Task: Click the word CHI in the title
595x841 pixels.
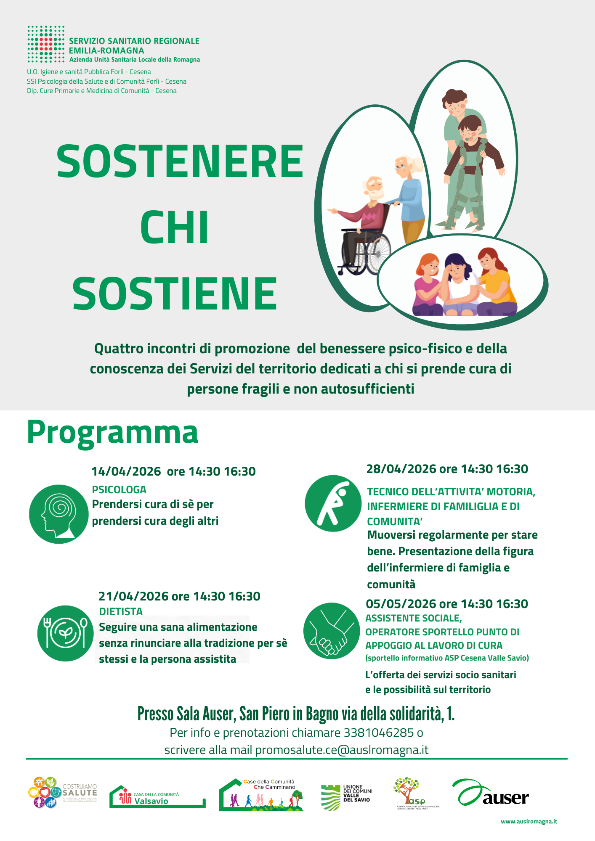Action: point(174,227)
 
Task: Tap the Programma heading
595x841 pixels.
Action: point(112,432)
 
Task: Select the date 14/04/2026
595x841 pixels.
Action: point(126,471)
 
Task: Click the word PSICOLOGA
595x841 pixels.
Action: point(119,490)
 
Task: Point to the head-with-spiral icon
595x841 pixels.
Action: point(58,514)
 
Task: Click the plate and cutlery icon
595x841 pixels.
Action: point(65,633)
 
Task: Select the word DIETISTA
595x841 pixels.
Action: point(121,611)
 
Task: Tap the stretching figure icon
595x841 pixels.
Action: point(333,503)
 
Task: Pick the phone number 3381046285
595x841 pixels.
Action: point(379,733)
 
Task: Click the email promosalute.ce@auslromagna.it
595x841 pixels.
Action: point(342,750)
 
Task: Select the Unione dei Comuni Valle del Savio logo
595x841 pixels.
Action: point(346,796)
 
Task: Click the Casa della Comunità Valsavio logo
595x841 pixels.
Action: point(157,797)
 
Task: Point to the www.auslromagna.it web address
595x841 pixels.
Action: point(529,822)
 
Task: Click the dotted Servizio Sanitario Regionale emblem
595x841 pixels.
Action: point(46,44)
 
